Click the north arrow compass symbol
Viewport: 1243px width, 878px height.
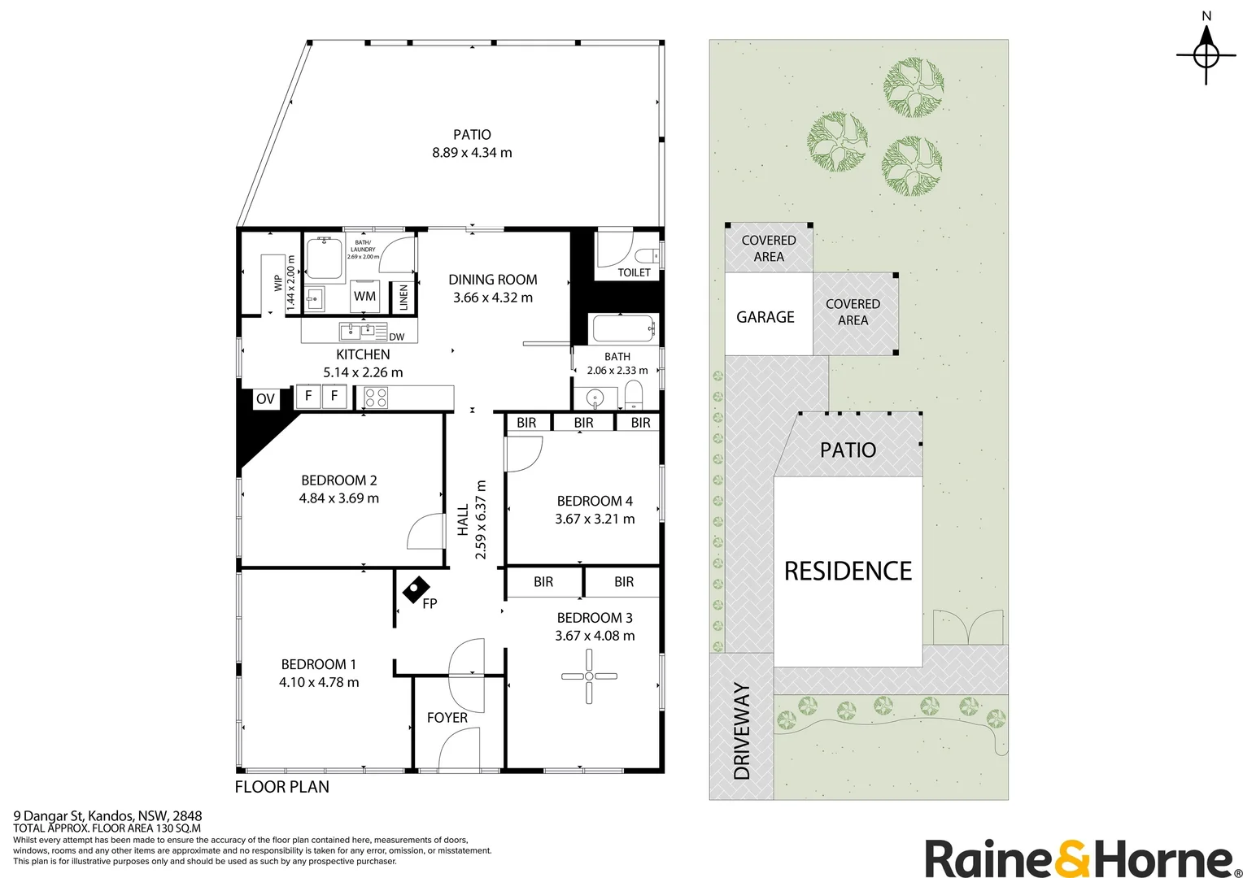tap(1206, 55)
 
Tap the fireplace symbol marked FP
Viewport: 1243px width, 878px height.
tap(417, 590)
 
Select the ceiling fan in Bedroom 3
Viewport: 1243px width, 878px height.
tap(589, 676)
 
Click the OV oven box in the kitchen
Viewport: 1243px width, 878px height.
tap(266, 399)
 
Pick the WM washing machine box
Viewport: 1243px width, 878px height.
tap(364, 296)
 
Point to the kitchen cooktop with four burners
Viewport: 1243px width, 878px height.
tap(376, 398)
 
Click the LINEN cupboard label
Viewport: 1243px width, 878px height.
tap(403, 298)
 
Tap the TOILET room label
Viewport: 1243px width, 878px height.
tap(634, 272)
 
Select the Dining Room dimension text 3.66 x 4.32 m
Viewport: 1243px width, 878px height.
tap(493, 298)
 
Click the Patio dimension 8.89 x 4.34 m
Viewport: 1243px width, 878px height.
tap(473, 153)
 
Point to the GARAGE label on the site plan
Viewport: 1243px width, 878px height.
tap(765, 317)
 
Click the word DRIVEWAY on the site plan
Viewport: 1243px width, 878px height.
tap(742, 731)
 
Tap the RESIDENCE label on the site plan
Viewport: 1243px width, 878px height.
tap(848, 572)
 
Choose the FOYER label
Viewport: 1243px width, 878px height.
tap(447, 718)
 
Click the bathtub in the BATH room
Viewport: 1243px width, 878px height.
tap(624, 328)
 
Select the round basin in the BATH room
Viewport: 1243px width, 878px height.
tap(595, 398)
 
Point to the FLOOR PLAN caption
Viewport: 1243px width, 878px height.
tap(282, 786)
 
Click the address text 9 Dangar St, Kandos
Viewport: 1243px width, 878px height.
tap(72, 816)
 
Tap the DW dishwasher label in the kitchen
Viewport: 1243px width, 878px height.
tap(397, 337)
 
